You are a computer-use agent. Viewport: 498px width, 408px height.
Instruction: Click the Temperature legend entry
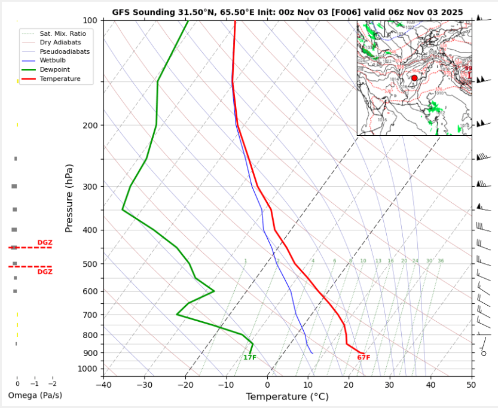pos(60,79)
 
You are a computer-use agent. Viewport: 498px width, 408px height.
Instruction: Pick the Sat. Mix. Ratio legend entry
pos(63,34)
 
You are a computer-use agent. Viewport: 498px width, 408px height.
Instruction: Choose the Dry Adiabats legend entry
pos(60,42)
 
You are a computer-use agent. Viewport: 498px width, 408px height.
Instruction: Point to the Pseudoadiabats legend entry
pos(65,51)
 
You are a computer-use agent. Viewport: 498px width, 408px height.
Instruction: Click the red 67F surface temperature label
pos(363,358)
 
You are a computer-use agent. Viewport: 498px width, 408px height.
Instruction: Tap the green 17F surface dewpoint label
pos(249,358)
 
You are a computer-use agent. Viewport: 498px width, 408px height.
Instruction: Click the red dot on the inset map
pos(414,78)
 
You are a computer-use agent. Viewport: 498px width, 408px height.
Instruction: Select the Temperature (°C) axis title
pos(287,397)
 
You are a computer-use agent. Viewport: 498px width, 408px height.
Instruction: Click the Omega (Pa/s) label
pos(35,395)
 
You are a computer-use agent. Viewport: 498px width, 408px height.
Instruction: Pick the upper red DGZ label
pos(45,242)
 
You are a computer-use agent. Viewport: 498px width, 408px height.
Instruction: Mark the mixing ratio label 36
pos(441,261)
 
